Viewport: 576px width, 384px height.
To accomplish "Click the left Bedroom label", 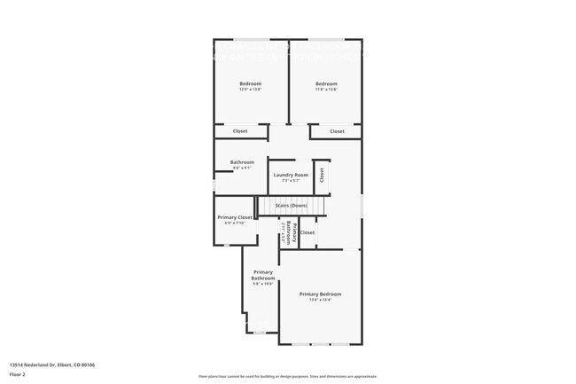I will point(251,83).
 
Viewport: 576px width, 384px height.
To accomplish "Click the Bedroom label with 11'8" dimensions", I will point(326,83).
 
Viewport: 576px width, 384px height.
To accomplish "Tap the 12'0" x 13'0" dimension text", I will point(251,90).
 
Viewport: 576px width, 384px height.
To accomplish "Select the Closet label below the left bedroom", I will point(240,131).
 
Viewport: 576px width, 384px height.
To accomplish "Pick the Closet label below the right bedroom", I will point(337,131).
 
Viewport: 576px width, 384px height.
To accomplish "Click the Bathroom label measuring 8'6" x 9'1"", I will point(242,161).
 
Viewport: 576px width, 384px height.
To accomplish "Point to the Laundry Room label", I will point(291,175).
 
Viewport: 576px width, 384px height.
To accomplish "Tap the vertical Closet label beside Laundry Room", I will point(323,175).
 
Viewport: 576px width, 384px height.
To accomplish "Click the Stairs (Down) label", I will point(291,205).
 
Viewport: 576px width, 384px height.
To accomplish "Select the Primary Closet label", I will point(235,216).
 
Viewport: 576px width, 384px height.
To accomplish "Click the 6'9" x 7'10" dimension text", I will point(235,223).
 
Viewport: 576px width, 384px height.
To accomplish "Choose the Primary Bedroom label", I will point(320,294).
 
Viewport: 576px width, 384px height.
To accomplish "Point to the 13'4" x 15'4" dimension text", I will point(320,300).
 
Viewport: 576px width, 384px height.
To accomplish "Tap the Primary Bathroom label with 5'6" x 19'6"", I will point(263,275).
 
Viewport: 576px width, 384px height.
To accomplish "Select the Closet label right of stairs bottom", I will point(307,232).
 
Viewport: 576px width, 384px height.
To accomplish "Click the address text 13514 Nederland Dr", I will point(52,364).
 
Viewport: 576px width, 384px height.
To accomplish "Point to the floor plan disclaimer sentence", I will point(288,377).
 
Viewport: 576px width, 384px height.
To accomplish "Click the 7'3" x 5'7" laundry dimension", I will point(291,181).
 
